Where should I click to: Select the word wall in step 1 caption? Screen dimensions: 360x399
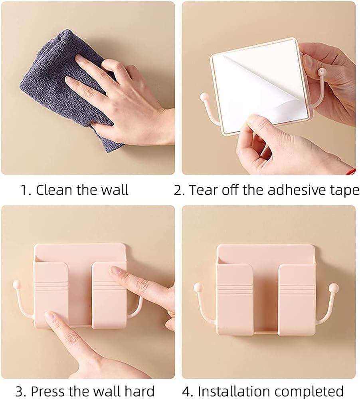(x=115, y=190)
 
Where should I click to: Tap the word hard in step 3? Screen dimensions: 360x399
(x=139, y=391)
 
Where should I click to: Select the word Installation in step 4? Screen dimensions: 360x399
(x=234, y=391)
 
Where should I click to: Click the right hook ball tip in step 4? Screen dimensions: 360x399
(x=334, y=288)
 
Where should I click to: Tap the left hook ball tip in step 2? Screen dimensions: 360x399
(x=204, y=97)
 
